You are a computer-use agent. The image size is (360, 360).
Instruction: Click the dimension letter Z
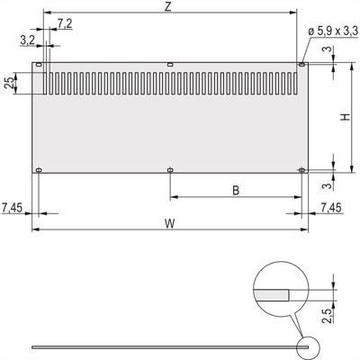point(168,7)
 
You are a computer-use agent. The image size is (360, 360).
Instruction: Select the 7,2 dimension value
point(65,22)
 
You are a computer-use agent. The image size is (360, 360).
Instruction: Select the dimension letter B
point(235,190)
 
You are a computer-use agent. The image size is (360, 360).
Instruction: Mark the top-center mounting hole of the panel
point(170,64)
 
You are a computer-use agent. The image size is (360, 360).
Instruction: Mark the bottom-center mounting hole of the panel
point(170,169)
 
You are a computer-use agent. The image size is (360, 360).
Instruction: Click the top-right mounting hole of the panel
point(301,64)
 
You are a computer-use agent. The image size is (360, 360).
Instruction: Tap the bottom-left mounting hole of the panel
point(39,169)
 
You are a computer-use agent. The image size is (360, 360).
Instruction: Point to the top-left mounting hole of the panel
point(39,64)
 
